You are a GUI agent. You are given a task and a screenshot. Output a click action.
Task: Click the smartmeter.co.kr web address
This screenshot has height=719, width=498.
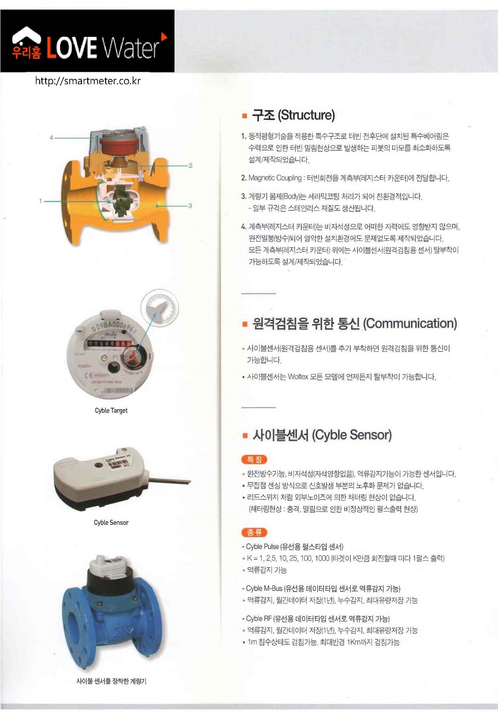[x=88, y=81]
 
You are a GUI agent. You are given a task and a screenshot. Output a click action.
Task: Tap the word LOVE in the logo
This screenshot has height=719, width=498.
[x=72, y=48]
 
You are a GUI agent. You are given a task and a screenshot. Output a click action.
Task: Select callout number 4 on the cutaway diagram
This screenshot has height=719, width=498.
[x=51, y=138]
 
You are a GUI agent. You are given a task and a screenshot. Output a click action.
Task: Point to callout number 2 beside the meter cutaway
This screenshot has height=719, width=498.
[x=191, y=165]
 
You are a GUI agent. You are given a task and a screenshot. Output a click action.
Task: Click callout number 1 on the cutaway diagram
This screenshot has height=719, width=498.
[x=40, y=201]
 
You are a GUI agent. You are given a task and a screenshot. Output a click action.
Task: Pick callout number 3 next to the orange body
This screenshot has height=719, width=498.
[x=190, y=205]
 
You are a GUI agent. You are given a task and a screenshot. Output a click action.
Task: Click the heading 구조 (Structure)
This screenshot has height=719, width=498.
[x=293, y=115]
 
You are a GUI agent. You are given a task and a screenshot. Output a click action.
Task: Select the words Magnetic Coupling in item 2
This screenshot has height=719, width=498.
[x=275, y=178]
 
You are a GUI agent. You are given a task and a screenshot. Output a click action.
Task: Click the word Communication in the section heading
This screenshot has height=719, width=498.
[x=411, y=323]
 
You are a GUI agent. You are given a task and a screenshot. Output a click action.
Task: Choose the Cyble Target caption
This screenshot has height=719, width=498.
[x=111, y=410]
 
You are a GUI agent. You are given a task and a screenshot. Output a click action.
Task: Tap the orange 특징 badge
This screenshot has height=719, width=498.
[x=254, y=459]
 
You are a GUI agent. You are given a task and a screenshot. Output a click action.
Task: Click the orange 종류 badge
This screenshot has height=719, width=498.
[x=254, y=533]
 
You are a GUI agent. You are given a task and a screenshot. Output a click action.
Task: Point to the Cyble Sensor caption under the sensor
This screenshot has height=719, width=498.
[x=111, y=522]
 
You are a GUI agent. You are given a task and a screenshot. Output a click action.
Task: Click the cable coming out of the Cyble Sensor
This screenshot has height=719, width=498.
[x=169, y=481]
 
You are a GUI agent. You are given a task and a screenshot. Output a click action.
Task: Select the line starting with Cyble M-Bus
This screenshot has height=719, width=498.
[x=321, y=588]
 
